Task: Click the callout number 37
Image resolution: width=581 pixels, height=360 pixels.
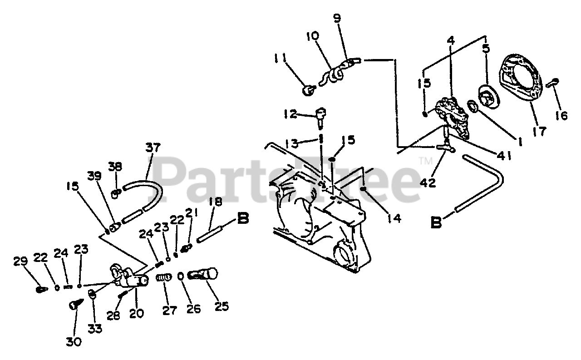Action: (x=153, y=148)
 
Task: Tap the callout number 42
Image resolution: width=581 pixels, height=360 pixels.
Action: (x=428, y=182)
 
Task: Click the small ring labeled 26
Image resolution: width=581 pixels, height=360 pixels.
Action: (x=181, y=276)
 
